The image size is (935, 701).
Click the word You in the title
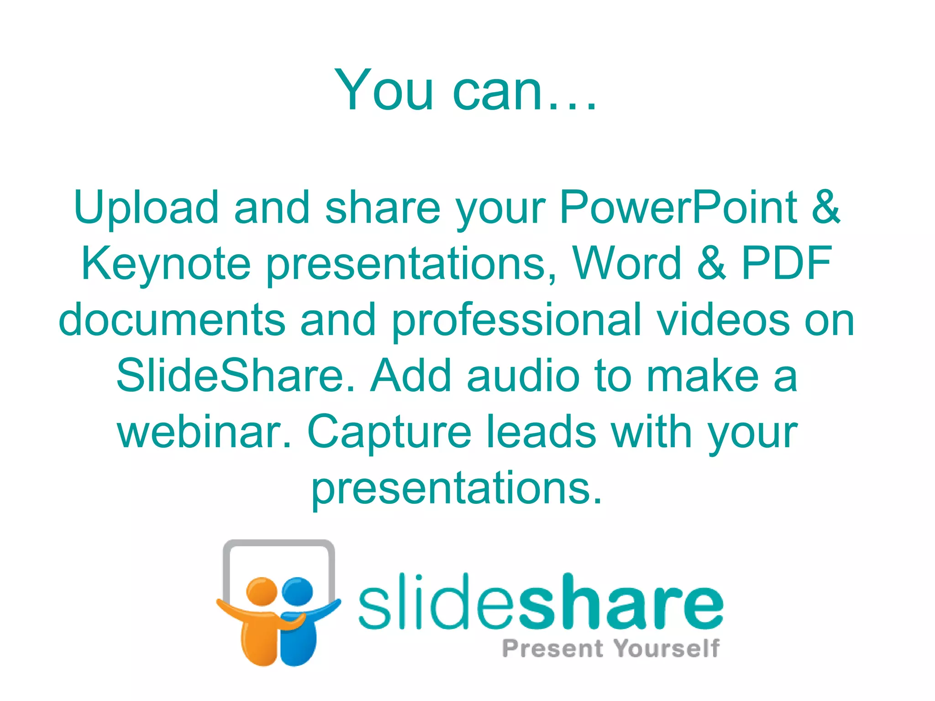click(383, 90)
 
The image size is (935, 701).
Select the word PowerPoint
click(678, 208)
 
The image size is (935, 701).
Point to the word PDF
click(786, 263)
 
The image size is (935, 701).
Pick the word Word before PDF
click(627, 263)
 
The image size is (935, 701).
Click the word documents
click(172, 320)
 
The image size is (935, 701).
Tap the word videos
click(723, 320)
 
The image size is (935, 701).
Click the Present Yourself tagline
click(611, 649)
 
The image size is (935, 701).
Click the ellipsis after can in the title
click(572, 108)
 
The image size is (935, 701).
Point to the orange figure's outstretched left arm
click(231, 610)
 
